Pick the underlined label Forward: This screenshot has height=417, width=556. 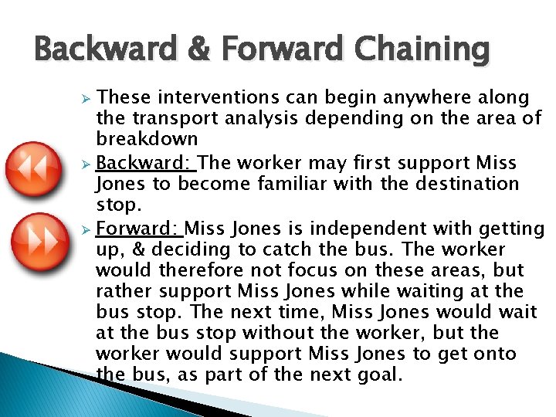coord(139,229)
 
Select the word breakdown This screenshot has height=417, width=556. coord(147,140)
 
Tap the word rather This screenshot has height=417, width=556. coord(120,291)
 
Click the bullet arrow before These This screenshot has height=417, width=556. coord(87,98)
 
